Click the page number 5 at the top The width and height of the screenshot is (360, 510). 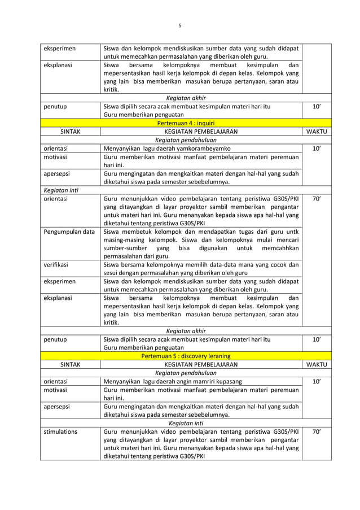(180, 25)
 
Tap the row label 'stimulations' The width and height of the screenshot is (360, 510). (62, 431)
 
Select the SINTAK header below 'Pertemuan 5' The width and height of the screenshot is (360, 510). (70, 365)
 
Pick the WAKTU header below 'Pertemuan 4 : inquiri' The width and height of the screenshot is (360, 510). (319, 132)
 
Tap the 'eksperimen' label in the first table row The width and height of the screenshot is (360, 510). (60, 47)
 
